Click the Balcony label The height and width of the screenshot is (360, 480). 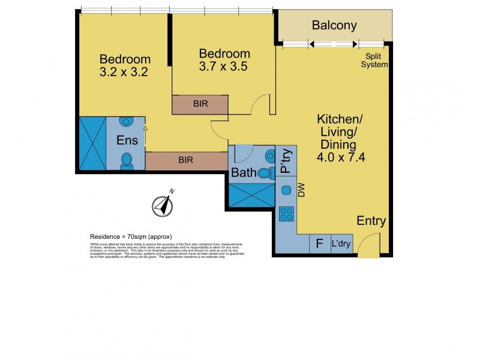click(x=334, y=25)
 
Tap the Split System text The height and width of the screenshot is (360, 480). click(x=374, y=61)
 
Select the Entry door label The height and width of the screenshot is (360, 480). click(x=371, y=220)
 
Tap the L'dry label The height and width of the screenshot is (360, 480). click(x=341, y=245)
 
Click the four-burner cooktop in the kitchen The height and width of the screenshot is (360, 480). click(x=287, y=214)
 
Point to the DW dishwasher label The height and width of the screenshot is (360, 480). click(x=301, y=190)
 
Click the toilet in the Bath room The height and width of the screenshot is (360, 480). click(x=266, y=173)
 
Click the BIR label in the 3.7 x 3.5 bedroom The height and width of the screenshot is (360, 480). click(x=200, y=103)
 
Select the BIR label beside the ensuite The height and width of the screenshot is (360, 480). click(x=185, y=160)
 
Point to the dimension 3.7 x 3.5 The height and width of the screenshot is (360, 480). click(x=224, y=67)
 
